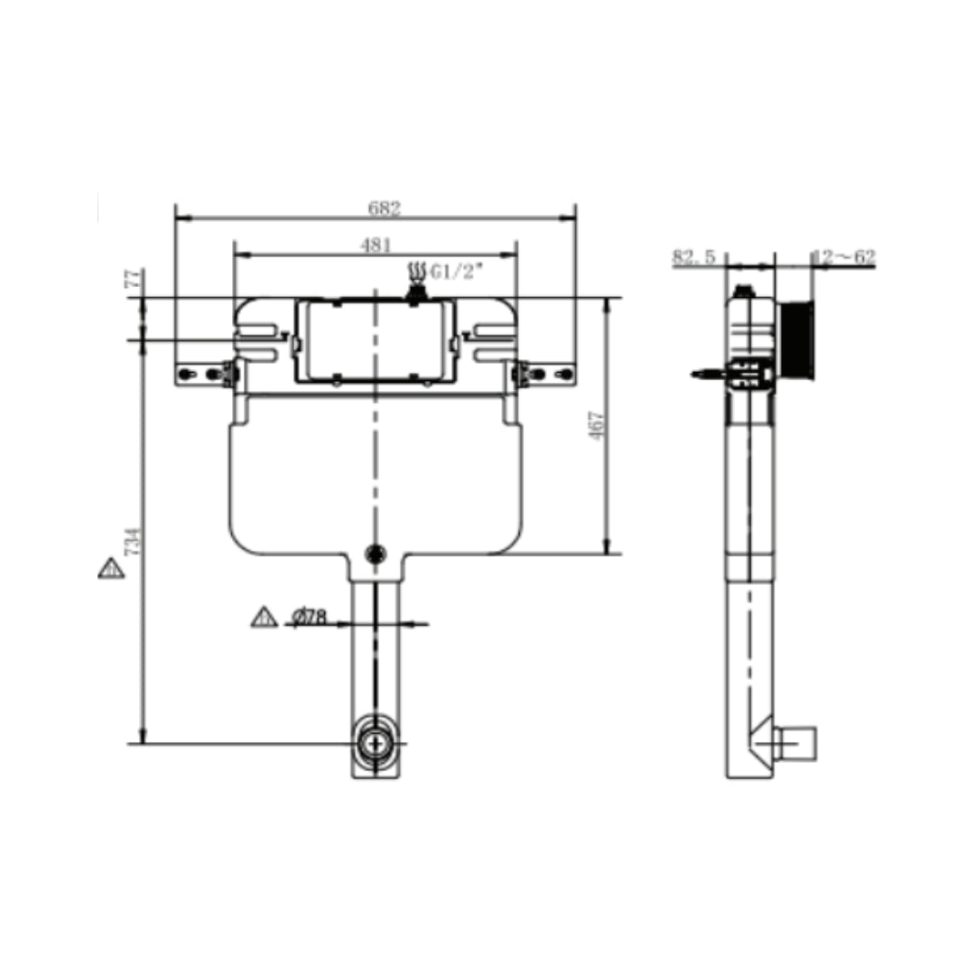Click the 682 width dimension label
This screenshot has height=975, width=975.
click(x=385, y=208)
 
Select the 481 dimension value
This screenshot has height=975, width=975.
click(x=376, y=245)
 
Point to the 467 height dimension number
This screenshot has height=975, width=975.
click(x=597, y=425)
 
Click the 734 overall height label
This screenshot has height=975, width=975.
click(x=134, y=542)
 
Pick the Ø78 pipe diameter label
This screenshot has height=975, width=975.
click(x=309, y=617)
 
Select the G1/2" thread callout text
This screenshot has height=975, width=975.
click(x=457, y=272)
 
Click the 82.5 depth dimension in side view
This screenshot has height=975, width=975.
click(x=694, y=256)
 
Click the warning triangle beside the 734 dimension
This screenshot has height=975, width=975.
click(x=111, y=568)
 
